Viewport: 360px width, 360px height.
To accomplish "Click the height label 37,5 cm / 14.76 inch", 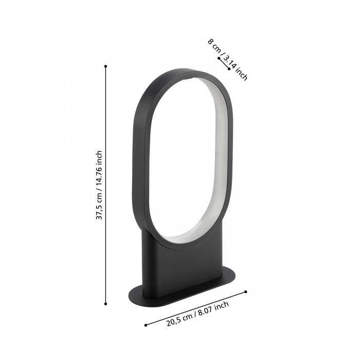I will pos(99,185).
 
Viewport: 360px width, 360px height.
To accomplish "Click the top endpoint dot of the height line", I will pos(105,66).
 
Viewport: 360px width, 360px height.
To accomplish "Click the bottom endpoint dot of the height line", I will pos(105,304).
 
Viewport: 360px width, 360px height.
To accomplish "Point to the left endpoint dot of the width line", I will pos(146,325).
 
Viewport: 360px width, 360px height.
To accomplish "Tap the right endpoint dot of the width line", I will pos(246,292).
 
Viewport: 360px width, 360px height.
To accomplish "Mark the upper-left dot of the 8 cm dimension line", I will pos(219,59).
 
